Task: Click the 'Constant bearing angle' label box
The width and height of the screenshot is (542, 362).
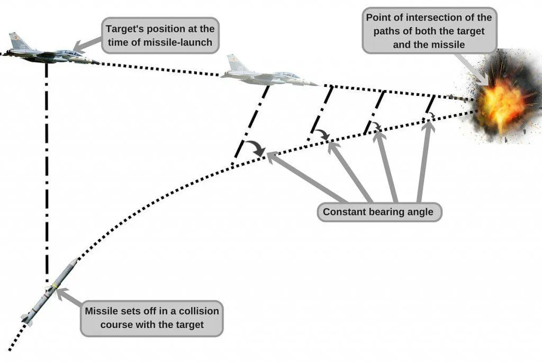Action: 378,213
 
